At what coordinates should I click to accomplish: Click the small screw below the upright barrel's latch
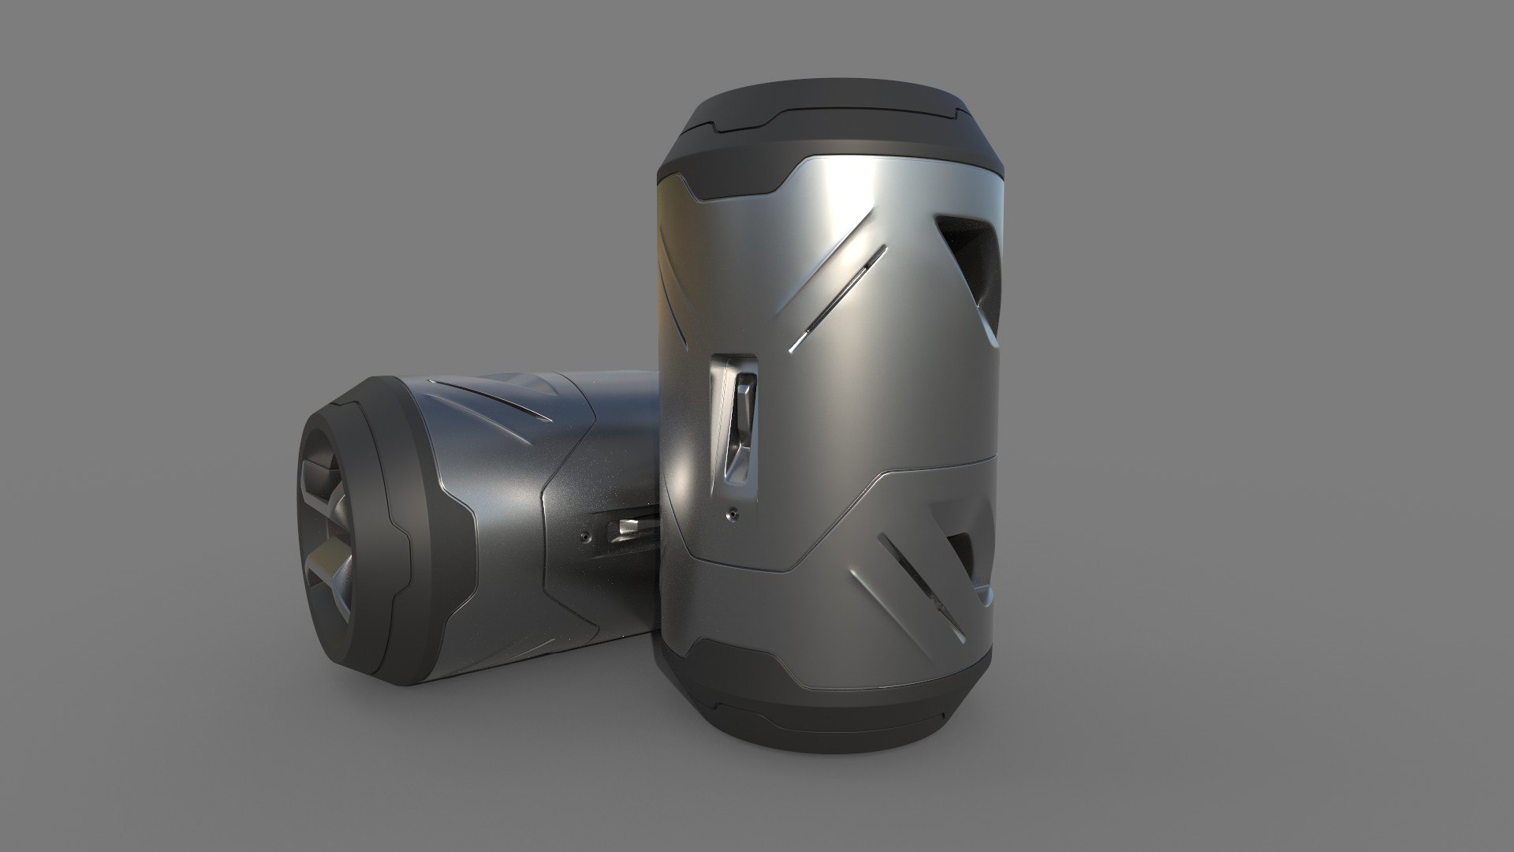point(733,513)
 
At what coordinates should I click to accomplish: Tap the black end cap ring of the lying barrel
point(371,505)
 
